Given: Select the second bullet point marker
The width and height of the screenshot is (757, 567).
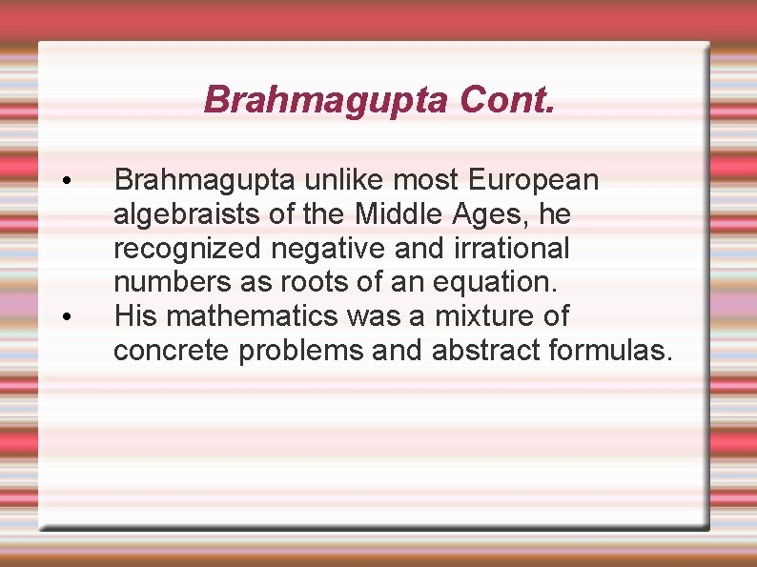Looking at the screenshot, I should pyautogui.click(x=65, y=317).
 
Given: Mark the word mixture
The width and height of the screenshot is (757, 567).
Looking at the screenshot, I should pyautogui.click(x=481, y=316).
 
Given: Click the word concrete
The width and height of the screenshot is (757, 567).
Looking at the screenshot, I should pyautogui.click(x=172, y=351).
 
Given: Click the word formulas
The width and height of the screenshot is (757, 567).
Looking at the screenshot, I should pyautogui.click(x=611, y=351).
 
